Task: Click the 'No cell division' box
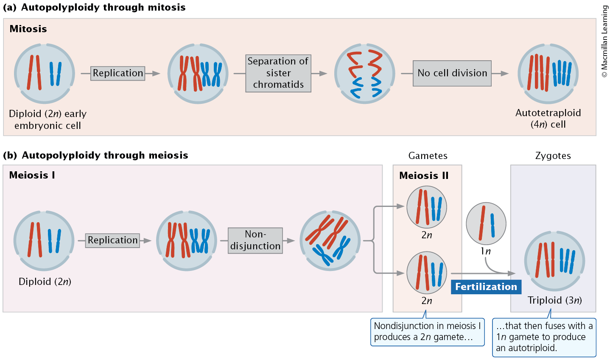452,73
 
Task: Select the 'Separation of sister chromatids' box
278,73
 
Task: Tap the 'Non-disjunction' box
255,240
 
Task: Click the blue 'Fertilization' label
486,287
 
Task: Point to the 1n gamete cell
486,223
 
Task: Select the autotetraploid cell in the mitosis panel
548,73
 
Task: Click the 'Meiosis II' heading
424,176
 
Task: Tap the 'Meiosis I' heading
32,175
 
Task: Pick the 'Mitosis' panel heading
28,29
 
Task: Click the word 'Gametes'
428,156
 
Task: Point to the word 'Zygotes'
553,156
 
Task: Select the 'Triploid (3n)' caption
554,300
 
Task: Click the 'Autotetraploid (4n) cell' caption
548,118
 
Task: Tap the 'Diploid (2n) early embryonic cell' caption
48,120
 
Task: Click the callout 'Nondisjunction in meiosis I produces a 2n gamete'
427,332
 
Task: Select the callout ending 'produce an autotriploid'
544,337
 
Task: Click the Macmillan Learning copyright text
604,41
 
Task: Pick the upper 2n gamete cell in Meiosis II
426,207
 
